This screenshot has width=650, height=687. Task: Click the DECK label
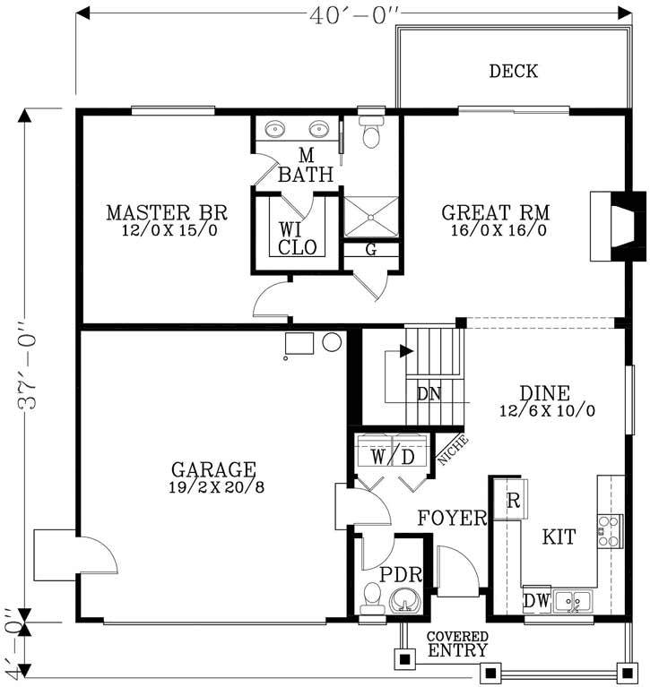513,71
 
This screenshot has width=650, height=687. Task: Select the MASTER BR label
166,213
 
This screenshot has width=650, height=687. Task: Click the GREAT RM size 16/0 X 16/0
495,231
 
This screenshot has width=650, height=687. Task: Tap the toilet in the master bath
370,132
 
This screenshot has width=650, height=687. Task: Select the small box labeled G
370,251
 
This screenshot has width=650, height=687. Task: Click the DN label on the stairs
429,392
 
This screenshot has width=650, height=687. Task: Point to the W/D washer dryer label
393,457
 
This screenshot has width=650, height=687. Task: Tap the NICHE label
449,451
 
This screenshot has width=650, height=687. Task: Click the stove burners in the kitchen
611,530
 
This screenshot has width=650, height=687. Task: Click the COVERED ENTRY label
457,645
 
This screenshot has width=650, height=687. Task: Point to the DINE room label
544,393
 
